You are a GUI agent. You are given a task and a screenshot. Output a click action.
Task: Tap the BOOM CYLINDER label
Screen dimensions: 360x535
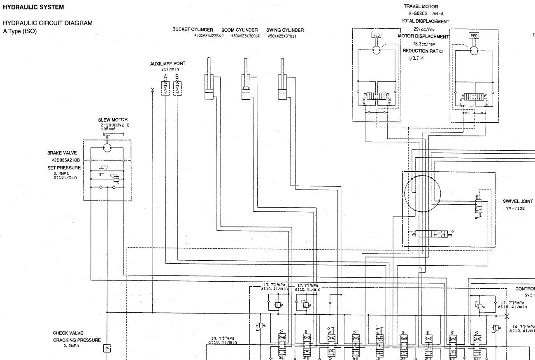[x=240, y=30]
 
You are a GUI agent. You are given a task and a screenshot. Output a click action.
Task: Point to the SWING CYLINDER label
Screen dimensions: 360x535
[x=285, y=30]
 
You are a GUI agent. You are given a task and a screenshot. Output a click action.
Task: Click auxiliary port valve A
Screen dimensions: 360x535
[x=165, y=88]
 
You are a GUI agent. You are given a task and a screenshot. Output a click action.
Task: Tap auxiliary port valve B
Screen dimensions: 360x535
[x=177, y=88]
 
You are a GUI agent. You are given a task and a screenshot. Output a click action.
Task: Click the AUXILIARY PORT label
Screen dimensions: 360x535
[x=167, y=63]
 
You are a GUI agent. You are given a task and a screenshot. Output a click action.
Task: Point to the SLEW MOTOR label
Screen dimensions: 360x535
[x=110, y=120]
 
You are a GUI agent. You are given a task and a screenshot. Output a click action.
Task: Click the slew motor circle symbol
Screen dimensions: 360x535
[x=107, y=147]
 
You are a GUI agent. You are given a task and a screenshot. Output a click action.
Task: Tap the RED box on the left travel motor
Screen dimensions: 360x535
[x=376, y=35]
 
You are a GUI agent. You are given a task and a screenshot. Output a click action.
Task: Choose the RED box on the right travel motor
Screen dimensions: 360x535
[x=474, y=35]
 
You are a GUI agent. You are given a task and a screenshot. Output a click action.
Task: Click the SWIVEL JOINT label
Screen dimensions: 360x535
[x=518, y=202]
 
